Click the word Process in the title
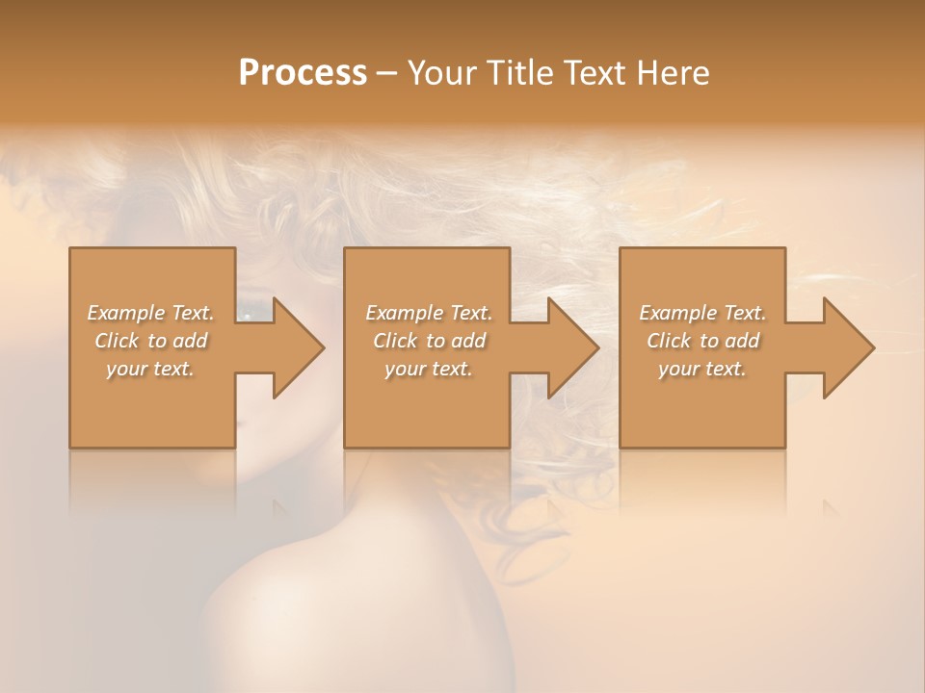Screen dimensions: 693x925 pos(303,73)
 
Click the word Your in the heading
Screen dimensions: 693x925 pos(439,73)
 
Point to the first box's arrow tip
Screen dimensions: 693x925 pos(322,347)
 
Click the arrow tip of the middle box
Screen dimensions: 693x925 pos(596,347)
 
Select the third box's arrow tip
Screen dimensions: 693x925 pos(872,347)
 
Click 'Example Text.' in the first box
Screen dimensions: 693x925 pos(150,313)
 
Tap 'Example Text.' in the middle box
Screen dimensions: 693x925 pos(429,313)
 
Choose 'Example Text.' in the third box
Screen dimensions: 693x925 pos(702,313)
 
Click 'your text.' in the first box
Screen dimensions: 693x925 pos(150,369)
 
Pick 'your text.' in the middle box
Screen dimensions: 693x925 pos(429,369)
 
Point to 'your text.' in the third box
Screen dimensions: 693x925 pos(702,369)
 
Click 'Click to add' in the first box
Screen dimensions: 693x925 pos(150,341)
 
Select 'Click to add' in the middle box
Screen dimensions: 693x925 pos(429,341)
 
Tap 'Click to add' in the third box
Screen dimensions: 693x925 pos(702,341)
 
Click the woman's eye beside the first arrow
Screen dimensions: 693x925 pos(250,315)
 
